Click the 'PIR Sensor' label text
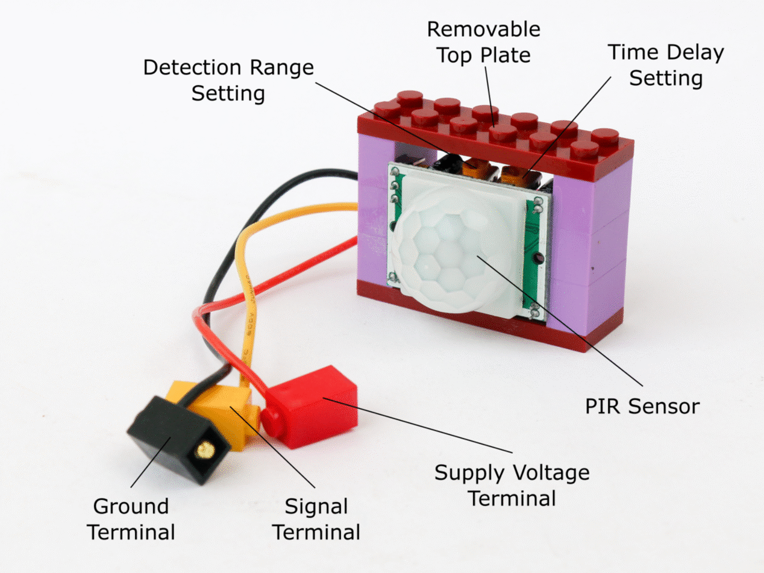coord(642,406)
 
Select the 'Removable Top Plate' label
coord(483,42)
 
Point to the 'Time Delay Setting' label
coord(666,65)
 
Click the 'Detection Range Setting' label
coord(228,81)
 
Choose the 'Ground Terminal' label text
coord(131,519)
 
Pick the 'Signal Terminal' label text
coord(316,519)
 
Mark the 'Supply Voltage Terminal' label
coord(512,484)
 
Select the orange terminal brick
coord(224,414)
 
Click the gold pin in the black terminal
coord(202,451)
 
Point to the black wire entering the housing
coord(336,175)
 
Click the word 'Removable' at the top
coord(483,30)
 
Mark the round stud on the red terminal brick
coord(273,419)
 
